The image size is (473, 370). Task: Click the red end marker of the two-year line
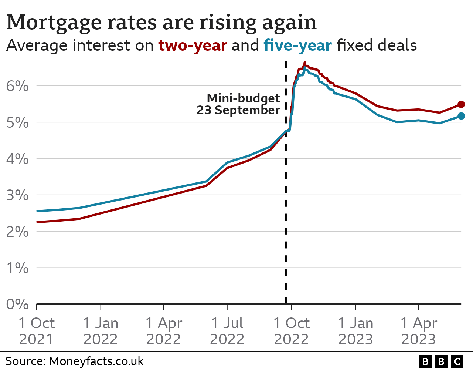(461, 104)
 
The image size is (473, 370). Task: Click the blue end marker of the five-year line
(461, 116)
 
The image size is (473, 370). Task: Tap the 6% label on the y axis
(17, 86)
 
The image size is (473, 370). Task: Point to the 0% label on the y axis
(17, 304)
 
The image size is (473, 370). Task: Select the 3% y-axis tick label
(17, 195)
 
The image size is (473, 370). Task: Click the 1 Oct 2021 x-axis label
(36, 331)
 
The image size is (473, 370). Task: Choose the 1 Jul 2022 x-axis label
(227, 331)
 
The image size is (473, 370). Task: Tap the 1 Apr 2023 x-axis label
(419, 331)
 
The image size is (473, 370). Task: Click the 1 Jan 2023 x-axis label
(355, 331)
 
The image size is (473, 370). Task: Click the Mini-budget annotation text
(243, 98)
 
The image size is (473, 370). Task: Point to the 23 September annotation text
(238, 110)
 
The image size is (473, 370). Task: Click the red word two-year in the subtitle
(193, 46)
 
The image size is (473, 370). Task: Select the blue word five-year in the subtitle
(297, 46)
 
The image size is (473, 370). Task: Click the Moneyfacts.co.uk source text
(96, 361)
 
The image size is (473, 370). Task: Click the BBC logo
(441, 361)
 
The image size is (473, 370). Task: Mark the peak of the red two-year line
(304, 63)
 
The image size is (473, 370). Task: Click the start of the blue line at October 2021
(37, 211)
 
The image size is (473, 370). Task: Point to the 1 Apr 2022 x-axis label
(163, 331)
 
